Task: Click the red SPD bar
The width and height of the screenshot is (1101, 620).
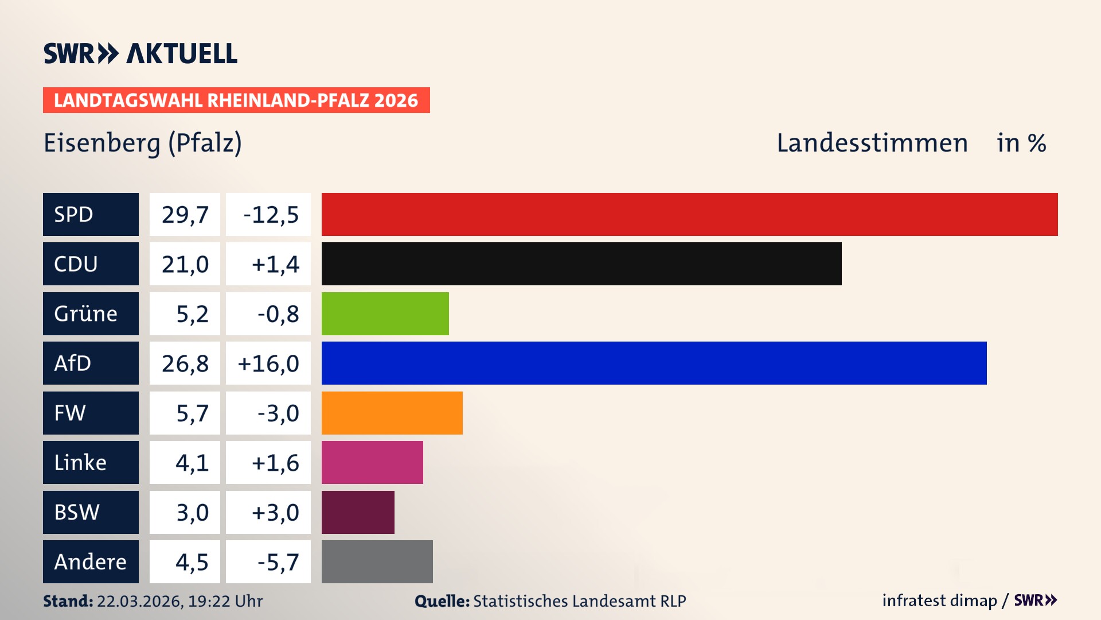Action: pyautogui.click(x=689, y=214)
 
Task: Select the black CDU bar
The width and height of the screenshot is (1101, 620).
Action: pyautogui.click(x=581, y=264)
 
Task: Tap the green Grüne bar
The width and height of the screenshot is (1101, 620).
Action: pyautogui.click(x=385, y=313)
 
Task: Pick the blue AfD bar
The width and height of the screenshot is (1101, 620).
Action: pyautogui.click(x=654, y=363)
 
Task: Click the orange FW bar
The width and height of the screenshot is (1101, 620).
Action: pyautogui.click(x=392, y=413)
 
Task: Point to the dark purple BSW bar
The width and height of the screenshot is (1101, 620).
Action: pyautogui.click(x=358, y=512)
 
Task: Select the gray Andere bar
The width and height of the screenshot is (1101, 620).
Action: pyautogui.click(x=377, y=561)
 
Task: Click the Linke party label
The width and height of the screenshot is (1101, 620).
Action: pyautogui.click(x=80, y=463)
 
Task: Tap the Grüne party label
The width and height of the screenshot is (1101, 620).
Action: pyautogui.click(x=85, y=313)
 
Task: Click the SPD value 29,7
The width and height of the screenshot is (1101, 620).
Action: pyautogui.click(x=185, y=215)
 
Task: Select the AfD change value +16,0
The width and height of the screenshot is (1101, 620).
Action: pyautogui.click(x=268, y=363)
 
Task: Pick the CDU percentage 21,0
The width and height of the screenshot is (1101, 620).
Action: pyautogui.click(x=185, y=264)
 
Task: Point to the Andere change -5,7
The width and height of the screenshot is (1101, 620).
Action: pyautogui.click(x=278, y=562)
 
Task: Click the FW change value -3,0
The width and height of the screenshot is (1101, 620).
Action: pyautogui.click(x=278, y=413)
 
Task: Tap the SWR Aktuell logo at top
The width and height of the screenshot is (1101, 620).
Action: pyautogui.click(x=140, y=53)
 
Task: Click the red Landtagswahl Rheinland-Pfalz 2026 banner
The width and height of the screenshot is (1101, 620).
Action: pyautogui.click(x=236, y=100)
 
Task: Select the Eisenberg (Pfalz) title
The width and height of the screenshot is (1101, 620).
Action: pyautogui.click(x=143, y=143)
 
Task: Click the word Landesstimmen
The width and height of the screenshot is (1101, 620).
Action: pyautogui.click(x=872, y=143)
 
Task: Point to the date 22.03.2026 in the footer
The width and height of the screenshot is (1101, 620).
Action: pyautogui.click(x=139, y=601)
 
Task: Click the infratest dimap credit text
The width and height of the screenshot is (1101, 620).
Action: pyautogui.click(x=939, y=600)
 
